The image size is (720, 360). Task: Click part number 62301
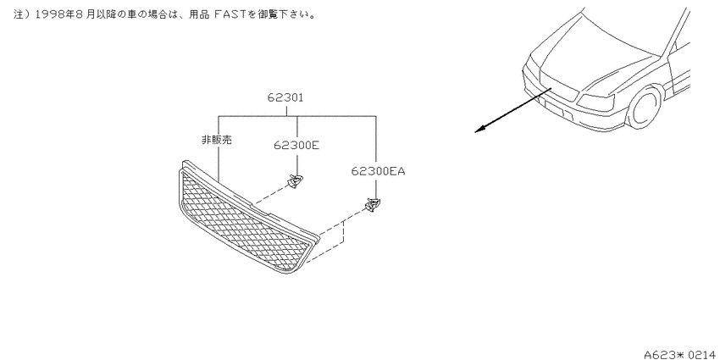[x=285, y=97]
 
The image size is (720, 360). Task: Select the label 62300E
[x=296, y=146]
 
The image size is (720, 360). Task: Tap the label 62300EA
[x=379, y=172]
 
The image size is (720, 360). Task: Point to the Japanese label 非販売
[x=217, y=140]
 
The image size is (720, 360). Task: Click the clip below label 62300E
[x=295, y=181]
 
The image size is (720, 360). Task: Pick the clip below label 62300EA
[x=374, y=205]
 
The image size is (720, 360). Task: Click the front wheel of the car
[x=645, y=107]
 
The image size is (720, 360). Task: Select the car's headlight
[x=596, y=102]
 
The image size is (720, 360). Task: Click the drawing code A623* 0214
[x=682, y=354]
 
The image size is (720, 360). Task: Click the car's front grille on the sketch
[x=558, y=86]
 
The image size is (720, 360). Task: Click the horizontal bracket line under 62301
[x=297, y=116]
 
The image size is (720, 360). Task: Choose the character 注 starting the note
[x=19, y=14]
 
